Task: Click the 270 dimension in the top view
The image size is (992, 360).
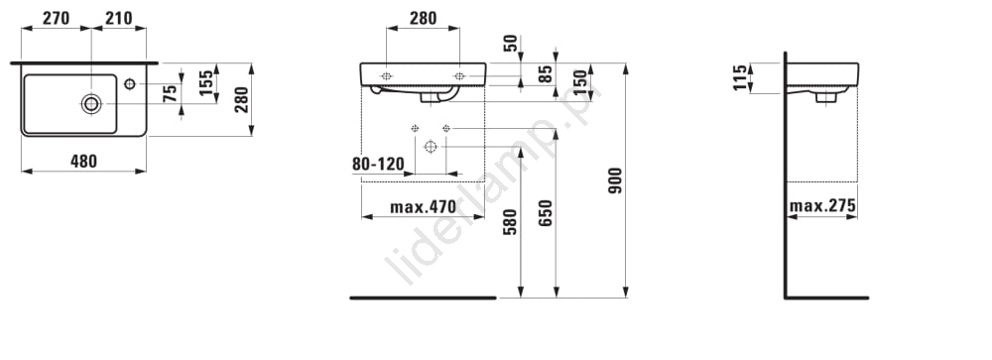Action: coord(56,19)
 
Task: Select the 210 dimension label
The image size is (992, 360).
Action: coord(119,19)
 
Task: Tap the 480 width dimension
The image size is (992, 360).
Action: coord(84,162)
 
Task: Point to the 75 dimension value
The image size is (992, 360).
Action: coord(170,94)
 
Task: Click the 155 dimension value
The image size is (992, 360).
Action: coord(206,83)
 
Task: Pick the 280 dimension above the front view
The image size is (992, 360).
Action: coord(423,19)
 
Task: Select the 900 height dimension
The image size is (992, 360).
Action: coord(615,180)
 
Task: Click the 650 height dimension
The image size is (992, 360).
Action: coord(546,212)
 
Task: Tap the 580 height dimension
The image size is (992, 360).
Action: coord(510,222)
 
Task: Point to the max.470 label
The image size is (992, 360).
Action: coord(423,207)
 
